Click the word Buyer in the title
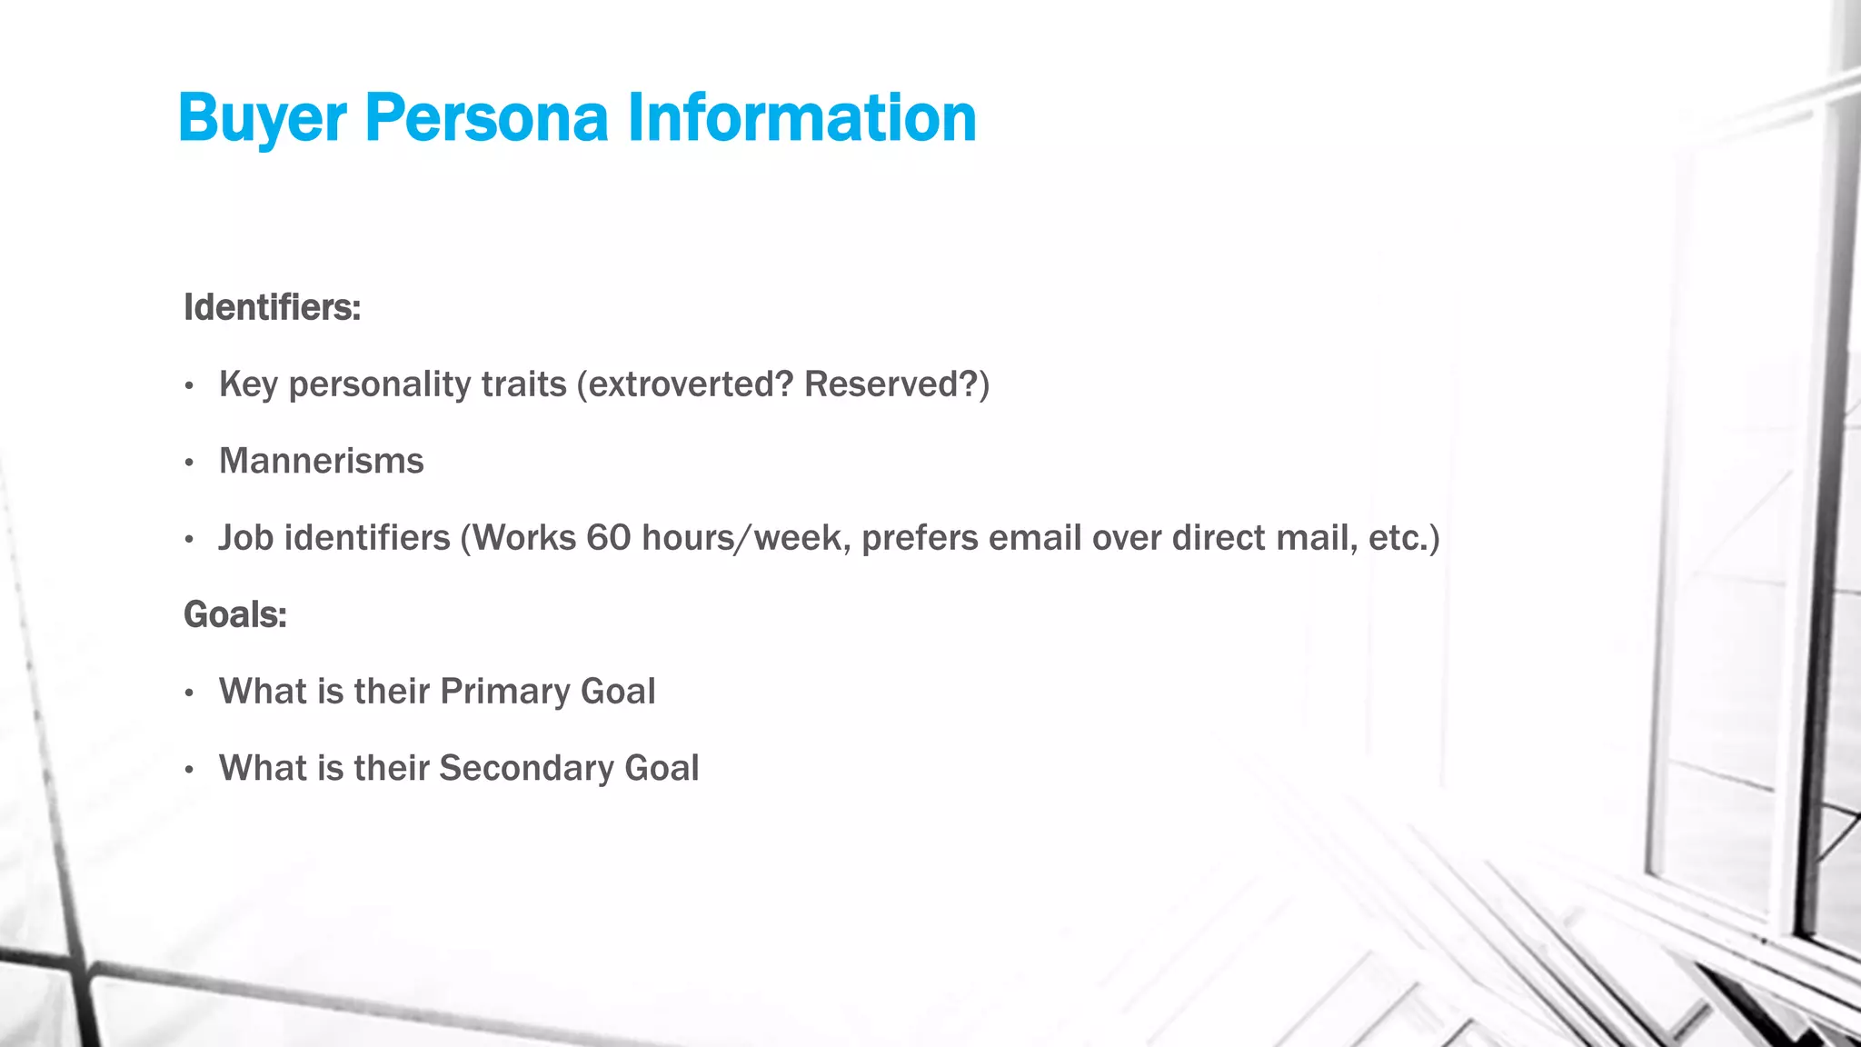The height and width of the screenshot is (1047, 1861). tap(262, 119)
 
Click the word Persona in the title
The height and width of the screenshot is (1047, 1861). tap(486, 119)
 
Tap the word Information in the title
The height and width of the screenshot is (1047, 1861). tap(801, 119)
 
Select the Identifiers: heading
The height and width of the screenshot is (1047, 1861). tap(272, 307)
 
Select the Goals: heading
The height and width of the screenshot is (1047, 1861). tap(234, 614)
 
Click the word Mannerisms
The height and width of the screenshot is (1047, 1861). tap(321, 461)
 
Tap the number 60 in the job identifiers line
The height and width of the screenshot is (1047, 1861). tap(608, 538)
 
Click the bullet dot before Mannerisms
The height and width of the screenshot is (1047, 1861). tap(189, 464)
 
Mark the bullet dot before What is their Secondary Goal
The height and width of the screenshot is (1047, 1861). tap(189, 771)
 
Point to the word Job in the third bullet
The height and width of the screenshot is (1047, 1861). tap(245, 538)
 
